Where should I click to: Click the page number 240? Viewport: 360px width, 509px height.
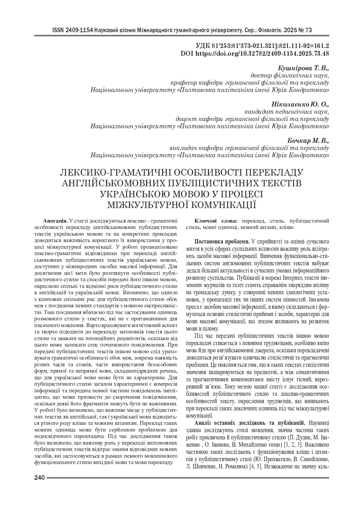coord(39,478)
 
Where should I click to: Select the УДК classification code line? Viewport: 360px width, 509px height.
coord(262,46)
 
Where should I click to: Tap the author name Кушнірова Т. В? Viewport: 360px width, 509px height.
coord(303,68)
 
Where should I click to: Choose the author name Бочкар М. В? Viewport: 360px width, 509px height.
coord(308,141)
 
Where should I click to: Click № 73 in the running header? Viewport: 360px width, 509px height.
coord(305,30)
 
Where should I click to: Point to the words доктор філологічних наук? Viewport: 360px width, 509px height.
coord(290,76)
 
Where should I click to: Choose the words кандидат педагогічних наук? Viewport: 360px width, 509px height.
coord(286,111)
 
